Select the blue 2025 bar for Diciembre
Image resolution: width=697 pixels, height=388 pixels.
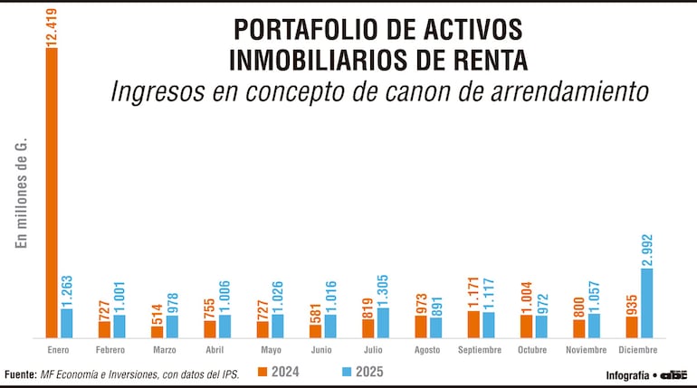click(x=646, y=302)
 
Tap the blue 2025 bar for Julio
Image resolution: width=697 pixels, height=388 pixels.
click(x=383, y=322)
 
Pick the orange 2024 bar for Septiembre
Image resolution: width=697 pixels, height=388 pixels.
click(x=473, y=324)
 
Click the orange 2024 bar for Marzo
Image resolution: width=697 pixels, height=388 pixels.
click(x=157, y=332)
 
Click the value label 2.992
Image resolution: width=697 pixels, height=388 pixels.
click(x=646, y=250)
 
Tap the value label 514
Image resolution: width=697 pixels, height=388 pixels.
click(x=157, y=313)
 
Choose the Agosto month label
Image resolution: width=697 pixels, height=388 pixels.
click(x=427, y=349)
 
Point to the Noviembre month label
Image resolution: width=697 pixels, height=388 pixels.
click(x=587, y=349)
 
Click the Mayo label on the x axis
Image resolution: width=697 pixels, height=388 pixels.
click(x=270, y=349)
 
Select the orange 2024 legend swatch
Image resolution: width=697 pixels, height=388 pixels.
click(x=263, y=372)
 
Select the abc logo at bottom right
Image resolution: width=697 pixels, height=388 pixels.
click(x=673, y=374)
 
